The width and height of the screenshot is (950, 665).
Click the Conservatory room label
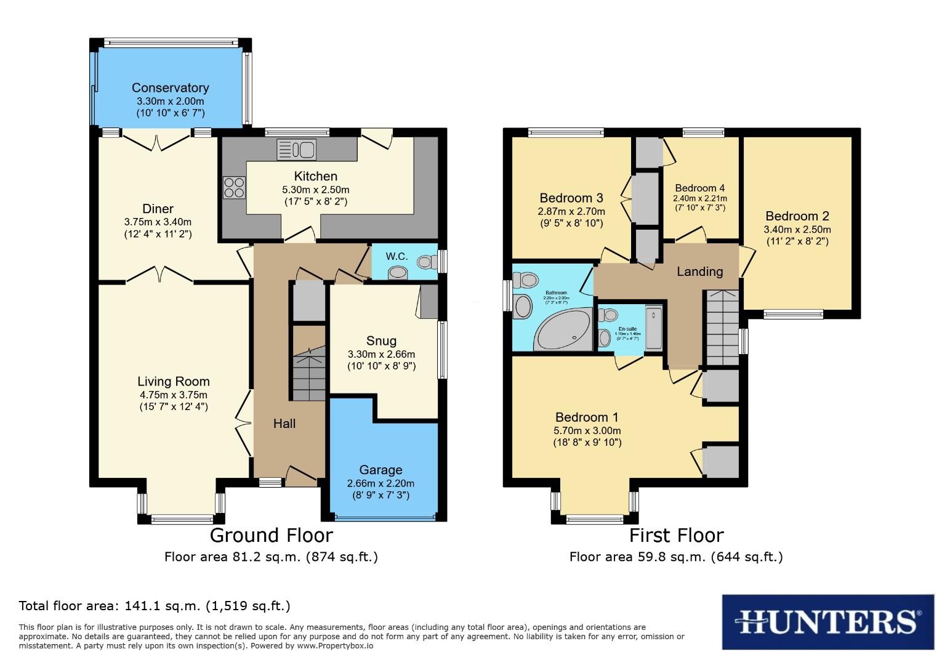pos(170,88)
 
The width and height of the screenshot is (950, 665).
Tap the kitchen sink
pos(297,150)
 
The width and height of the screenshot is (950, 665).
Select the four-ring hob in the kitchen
pos(234,187)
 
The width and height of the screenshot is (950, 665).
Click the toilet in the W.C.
pos(425,262)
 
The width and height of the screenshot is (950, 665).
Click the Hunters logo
pos(827,621)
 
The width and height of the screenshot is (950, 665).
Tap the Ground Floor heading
pos(271,535)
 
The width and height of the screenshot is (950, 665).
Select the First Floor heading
pos(676,535)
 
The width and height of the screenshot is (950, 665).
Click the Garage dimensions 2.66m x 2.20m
pos(380,483)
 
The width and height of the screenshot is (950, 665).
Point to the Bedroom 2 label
pos(797,216)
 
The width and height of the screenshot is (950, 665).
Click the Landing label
pos(699,272)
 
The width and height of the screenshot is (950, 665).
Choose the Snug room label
pos(381,341)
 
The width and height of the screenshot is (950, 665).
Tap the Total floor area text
pos(155,606)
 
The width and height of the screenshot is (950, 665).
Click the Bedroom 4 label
pos(699,188)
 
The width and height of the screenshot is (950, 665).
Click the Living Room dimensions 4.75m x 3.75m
pos(173,395)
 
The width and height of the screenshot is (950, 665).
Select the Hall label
pos(284,424)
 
